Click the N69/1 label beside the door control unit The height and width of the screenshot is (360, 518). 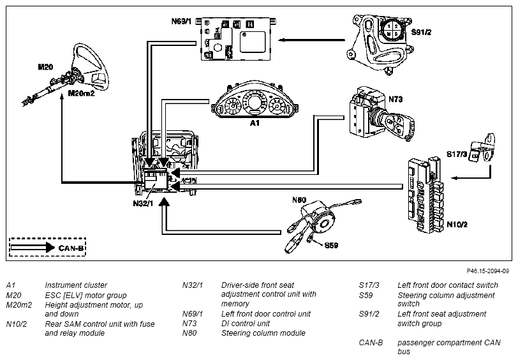(x=181, y=22)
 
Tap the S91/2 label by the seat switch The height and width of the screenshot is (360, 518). (x=421, y=32)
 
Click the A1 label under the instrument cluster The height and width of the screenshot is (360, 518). (x=255, y=123)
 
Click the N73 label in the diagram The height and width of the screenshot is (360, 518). (x=396, y=99)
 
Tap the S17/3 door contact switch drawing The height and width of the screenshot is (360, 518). (x=482, y=148)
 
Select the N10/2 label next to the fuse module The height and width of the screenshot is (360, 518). (x=457, y=225)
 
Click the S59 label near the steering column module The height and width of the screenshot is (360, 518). (x=331, y=245)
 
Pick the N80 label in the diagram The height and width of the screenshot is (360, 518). (x=299, y=200)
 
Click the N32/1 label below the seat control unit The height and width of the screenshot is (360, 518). (x=143, y=204)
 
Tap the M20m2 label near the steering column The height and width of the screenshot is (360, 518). (x=81, y=94)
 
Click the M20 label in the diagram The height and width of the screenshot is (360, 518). (x=45, y=67)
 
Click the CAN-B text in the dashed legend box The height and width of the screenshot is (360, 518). (x=71, y=248)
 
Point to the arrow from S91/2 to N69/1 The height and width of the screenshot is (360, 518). (x=311, y=40)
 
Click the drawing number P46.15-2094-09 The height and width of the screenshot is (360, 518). (x=487, y=271)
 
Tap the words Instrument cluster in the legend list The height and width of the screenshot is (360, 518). (x=76, y=285)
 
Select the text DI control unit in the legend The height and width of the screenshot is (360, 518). (x=246, y=324)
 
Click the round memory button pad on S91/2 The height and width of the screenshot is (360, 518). (x=392, y=30)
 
